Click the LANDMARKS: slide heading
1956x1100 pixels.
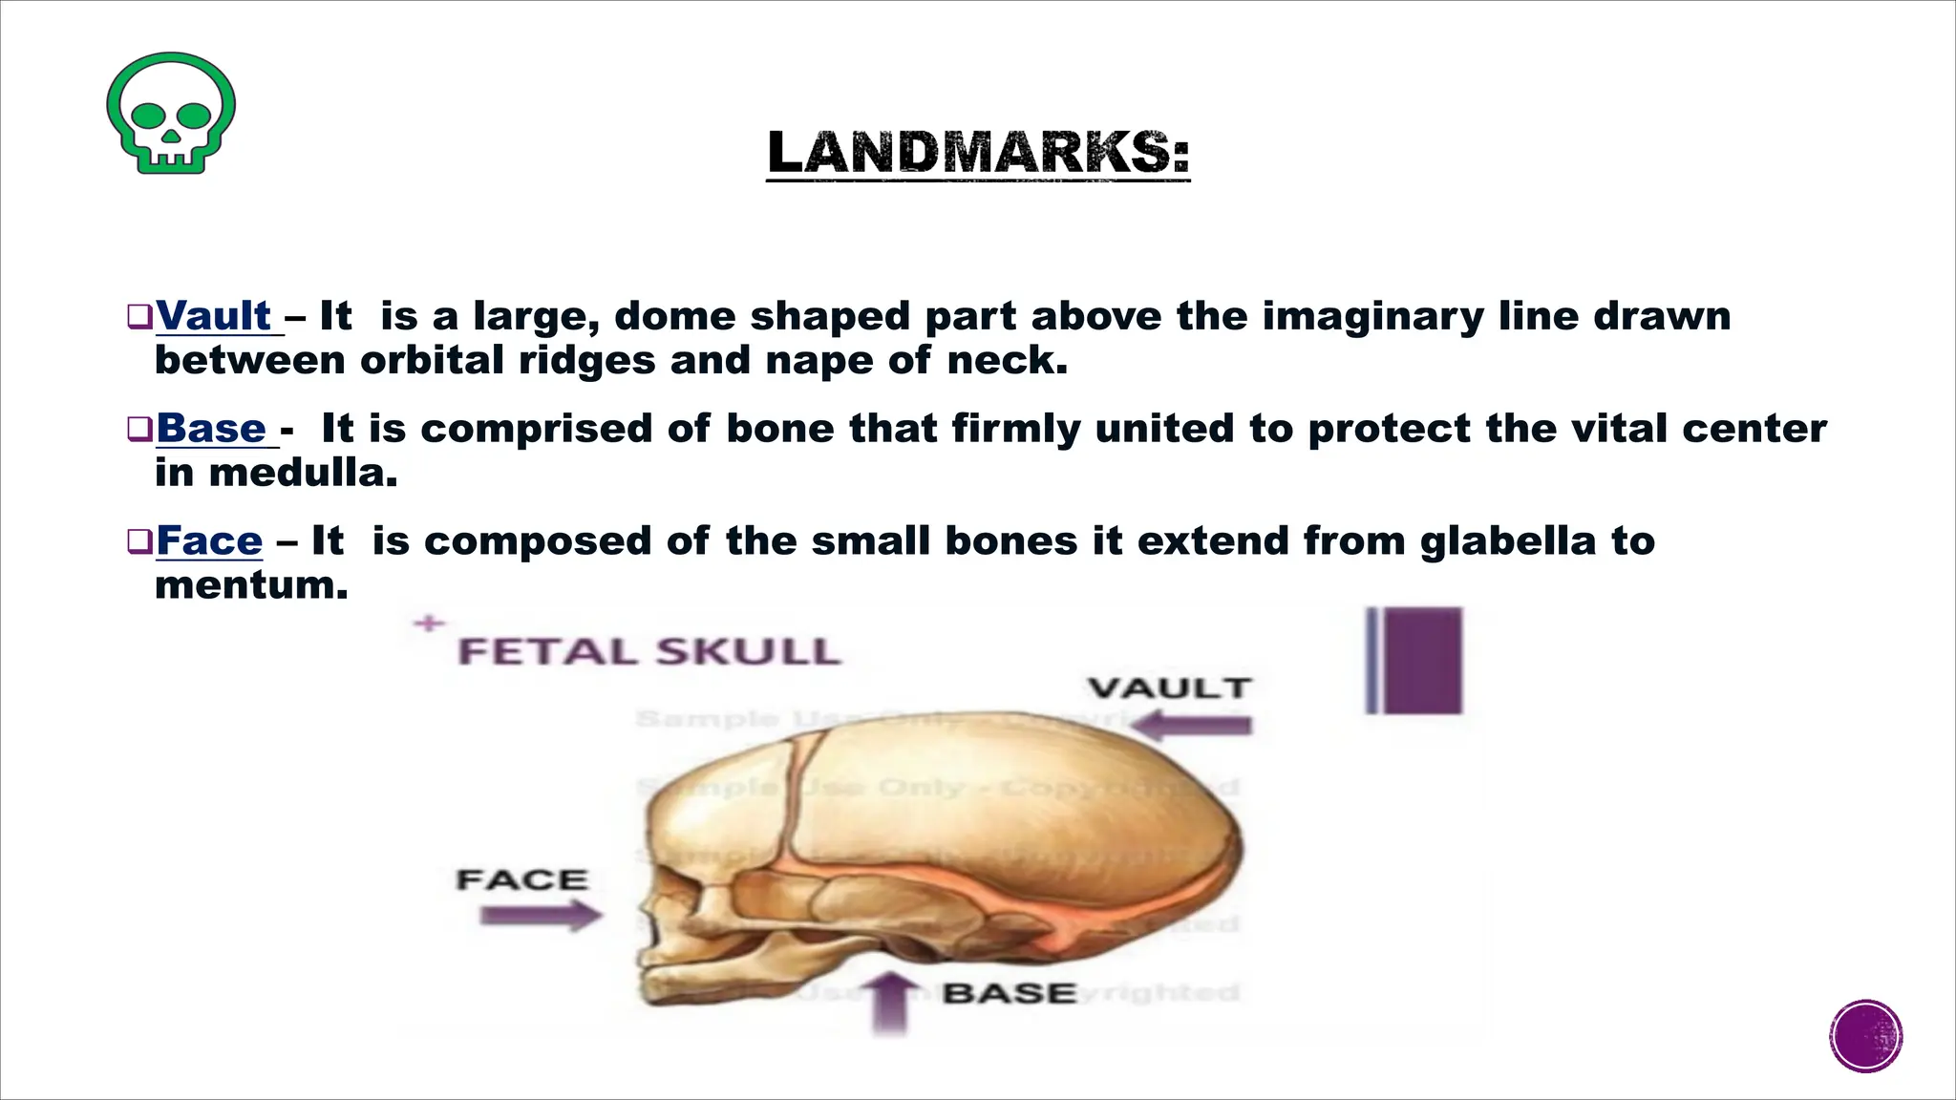click(x=978, y=153)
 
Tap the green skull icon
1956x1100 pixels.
click(x=171, y=113)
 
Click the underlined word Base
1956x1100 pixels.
click(x=211, y=429)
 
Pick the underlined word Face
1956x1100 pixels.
click(x=209, y=541)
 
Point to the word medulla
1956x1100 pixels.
click(x=303, y=473)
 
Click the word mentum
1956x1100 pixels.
click(x=251, y=585)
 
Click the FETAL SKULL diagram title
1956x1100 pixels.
click(x=649, y=652)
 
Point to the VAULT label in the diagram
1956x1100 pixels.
click(x=1169, y=688)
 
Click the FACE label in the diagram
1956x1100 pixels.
click(x=521, y=879)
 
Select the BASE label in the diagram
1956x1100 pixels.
click(x=1009, y=994)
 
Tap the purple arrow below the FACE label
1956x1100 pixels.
click(x=541, y=917)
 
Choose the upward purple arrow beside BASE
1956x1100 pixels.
click(x=891, y=1003)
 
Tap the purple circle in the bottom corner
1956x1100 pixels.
click(x=1866, y=1036)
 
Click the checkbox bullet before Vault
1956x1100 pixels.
click(x=139, y=316)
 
